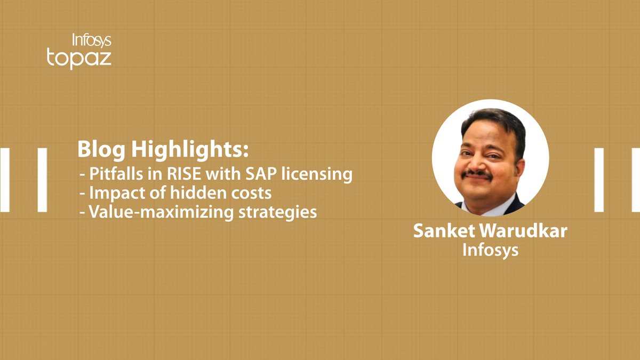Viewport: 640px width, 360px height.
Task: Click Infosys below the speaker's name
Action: [x=490, y=250]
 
